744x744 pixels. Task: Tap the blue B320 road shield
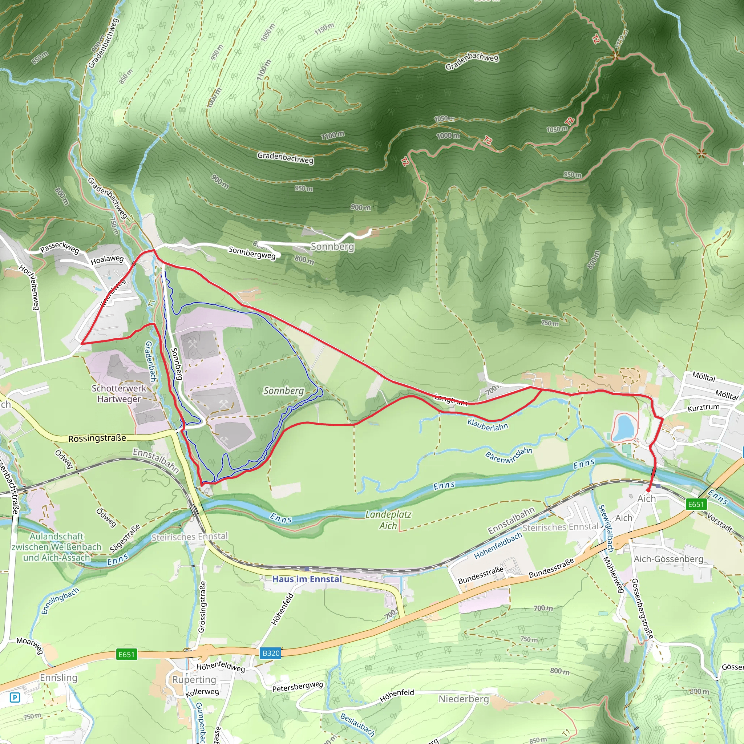(271, 653)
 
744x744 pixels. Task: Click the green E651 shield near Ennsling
(127, 654)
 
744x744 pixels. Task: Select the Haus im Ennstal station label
(307, 579)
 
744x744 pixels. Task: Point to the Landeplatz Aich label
(388, 520)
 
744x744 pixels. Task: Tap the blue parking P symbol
(15, 697)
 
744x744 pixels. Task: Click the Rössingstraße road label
(97, 438)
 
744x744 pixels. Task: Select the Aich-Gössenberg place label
(668, 559)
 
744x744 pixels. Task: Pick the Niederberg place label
(464, 699)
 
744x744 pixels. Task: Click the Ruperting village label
(194, 679)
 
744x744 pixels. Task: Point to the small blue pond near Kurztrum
(623, 428)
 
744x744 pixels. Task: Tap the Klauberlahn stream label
(488, 424)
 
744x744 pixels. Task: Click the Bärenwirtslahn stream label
(509, 456)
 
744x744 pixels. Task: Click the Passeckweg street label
(60, 248)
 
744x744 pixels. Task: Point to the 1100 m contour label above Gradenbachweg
(333, 135)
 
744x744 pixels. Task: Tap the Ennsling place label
(58, 678)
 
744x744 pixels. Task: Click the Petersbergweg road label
(298, 686)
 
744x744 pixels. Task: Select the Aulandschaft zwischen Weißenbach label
(57, 547)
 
